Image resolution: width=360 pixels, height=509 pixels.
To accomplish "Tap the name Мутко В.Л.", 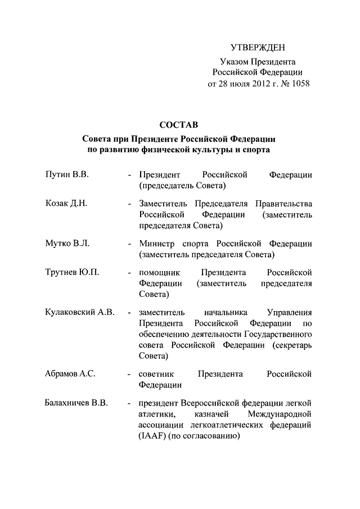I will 67,244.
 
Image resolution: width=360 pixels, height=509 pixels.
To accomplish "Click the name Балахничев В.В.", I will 76,403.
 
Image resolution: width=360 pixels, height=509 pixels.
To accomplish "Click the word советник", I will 157,374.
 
